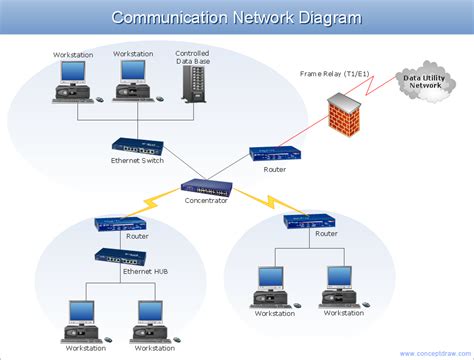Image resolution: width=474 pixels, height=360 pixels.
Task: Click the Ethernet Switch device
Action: pyautogui.click(x=138, y=146)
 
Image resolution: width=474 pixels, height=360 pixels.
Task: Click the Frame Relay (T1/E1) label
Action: pyautogui.click(x=334, y=73)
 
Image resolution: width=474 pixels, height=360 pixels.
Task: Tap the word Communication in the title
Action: pyautogui.click(x=159, y=17)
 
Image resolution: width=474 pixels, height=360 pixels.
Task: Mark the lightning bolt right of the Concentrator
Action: pyautogui.click(x=256, y=203)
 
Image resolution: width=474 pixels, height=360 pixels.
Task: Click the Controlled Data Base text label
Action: pyautogui.click(x=192, y=56)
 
